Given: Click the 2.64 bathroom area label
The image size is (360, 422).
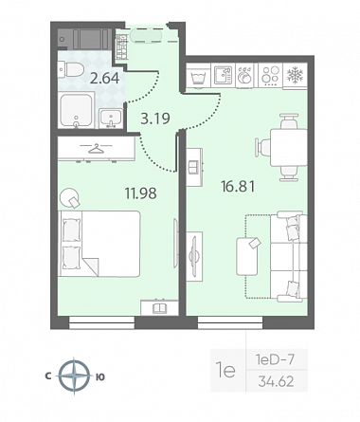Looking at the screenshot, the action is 104,79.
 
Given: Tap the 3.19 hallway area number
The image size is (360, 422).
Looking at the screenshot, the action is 155,119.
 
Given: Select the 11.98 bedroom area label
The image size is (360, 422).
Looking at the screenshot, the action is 141,193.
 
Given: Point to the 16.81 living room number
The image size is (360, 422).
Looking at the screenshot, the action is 238,186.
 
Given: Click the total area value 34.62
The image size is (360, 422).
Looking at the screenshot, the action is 276,381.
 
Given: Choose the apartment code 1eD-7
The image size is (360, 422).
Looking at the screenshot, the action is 275,359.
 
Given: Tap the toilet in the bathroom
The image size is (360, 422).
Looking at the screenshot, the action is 70,70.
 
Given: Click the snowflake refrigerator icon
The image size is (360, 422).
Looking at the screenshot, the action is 295,75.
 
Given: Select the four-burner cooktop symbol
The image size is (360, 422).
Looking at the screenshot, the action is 271,76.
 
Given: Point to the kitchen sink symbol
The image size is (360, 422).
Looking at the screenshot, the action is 223,75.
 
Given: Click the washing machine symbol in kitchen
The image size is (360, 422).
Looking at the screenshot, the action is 198,76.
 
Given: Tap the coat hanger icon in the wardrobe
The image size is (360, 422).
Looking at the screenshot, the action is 96,148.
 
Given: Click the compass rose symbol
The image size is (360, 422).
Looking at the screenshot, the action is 74,376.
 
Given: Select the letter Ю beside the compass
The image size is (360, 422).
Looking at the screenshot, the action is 100,376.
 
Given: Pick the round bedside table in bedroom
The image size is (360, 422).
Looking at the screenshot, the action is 70,197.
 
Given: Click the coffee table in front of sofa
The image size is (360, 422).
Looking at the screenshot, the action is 247,256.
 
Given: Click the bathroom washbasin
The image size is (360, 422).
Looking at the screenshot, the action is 111,119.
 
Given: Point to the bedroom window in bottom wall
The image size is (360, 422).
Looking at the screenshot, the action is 101,322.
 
